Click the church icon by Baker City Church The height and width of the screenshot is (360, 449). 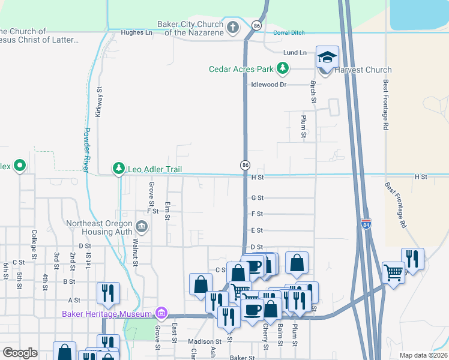point(232,27)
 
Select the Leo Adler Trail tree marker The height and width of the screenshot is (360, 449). point(119,169)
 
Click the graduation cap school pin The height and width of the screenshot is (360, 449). point(327,57)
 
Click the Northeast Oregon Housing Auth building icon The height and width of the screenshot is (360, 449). point(142,226)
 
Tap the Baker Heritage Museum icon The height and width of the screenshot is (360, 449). point(160,313)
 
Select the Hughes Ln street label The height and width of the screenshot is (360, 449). point(136,32)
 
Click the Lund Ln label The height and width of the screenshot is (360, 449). point(295,53)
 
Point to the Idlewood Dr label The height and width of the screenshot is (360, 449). point(270,85)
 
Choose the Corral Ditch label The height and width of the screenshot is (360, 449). point(289,32)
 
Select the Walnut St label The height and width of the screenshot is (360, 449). point(136,252)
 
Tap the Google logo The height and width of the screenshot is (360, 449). point(20,353)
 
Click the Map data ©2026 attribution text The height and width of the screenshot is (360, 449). point(423,355)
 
